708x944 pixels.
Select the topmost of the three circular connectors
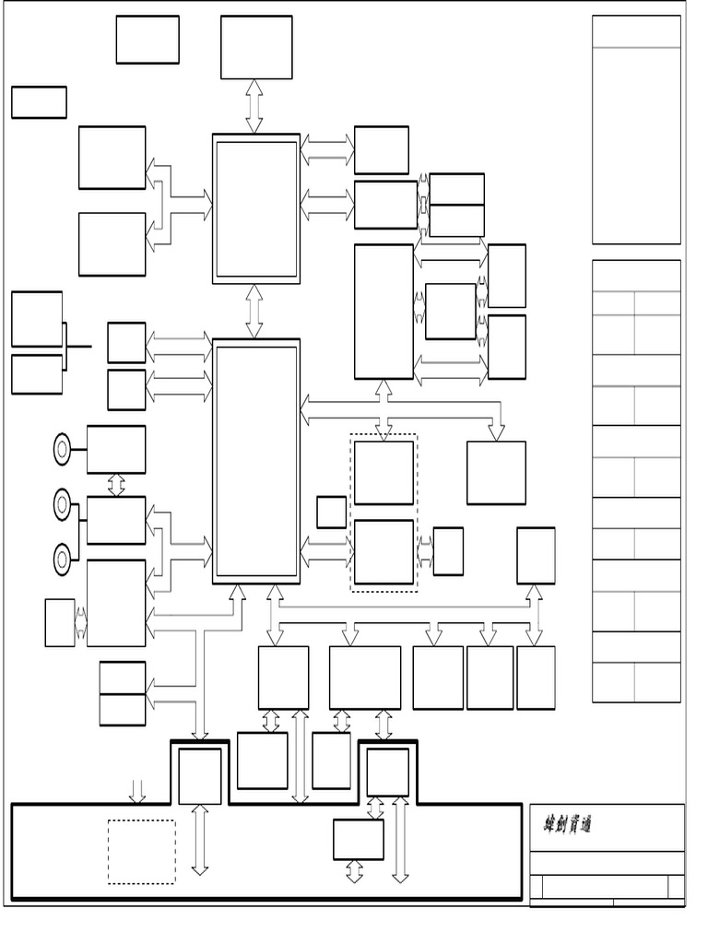(x=62, y=449)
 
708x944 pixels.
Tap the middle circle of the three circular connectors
(x=62, y=504)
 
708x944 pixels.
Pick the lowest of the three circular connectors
(x=62, y=559)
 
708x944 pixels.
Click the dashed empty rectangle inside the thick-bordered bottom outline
(x=141, y=851)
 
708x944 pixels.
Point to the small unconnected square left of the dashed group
(x=331, y=512)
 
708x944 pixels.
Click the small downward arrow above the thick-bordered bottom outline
(x=137, y=790)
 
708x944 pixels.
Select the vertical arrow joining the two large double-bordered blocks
(x=254, y=312)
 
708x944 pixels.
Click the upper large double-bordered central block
(x=256, y=209)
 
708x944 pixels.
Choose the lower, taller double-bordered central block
(x=256, y=460)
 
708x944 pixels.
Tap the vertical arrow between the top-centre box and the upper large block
(x=254, y=106)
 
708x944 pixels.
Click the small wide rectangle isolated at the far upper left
(x=39, y=102)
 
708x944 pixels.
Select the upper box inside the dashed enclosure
(x=383, y=473)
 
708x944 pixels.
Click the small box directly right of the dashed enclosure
(x=448, y=551)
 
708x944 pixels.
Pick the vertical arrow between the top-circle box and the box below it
(x=116, y=485)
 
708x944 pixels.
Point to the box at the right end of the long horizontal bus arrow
(x=496, y=473)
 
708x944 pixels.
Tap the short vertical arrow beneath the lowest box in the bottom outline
(x=355, y=871)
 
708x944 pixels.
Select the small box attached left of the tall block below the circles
(x=59, y=622)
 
